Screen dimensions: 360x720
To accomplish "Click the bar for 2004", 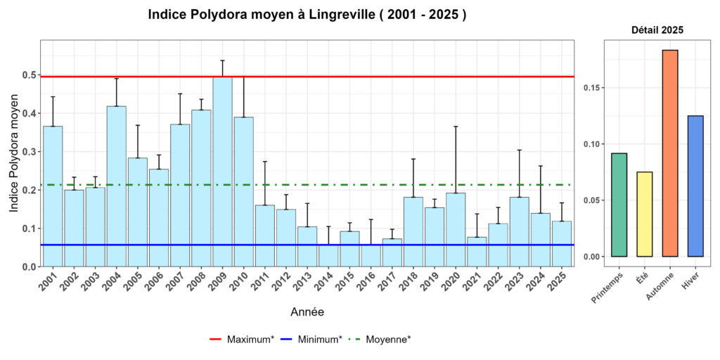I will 117,186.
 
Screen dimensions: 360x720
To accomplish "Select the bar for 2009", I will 223,172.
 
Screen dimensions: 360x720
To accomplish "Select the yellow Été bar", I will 645,214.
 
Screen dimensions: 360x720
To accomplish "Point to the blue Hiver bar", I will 695,186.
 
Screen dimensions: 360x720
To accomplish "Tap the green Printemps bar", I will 619,205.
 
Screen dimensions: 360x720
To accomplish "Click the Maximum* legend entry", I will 242,340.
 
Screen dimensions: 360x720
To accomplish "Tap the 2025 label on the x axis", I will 559,282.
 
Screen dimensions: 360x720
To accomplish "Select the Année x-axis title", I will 307,311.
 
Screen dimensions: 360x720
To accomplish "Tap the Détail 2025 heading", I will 657,30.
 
